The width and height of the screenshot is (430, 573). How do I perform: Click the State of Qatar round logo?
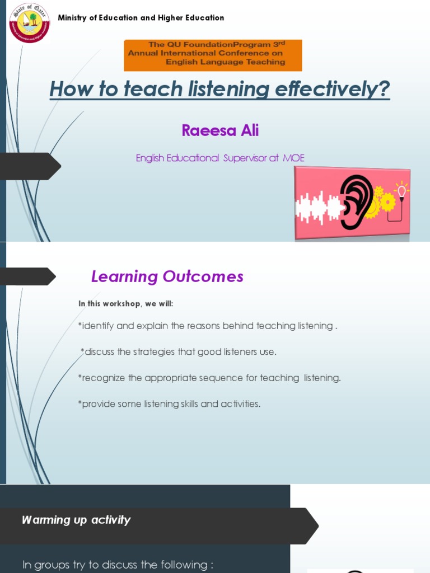[x=29, y=23]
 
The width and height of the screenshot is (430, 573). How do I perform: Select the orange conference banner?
[x=213, y=55]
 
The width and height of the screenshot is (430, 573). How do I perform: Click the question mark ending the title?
[x=385, y=90]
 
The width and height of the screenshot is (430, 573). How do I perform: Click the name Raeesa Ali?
[x=220, y=131]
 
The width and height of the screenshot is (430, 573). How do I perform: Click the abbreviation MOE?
[x=293, y=158]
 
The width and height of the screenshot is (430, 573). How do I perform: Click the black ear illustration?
[x=356, y=202]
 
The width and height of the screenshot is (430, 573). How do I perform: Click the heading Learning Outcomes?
[x=167, y=276]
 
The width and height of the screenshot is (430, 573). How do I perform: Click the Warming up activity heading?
[x=76, y=520]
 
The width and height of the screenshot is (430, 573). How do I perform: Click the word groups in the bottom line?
[x=52, y=565]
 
